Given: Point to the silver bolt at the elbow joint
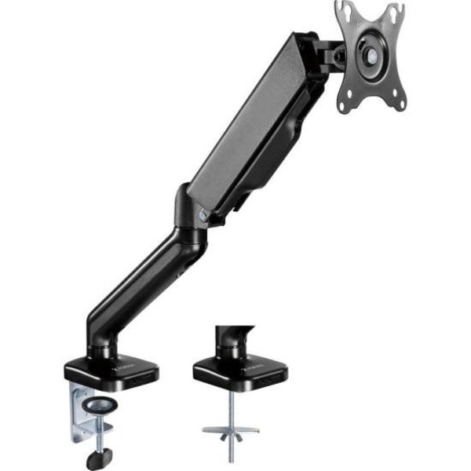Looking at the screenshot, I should [203, 214].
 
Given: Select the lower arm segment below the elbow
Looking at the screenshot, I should [141, 283].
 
